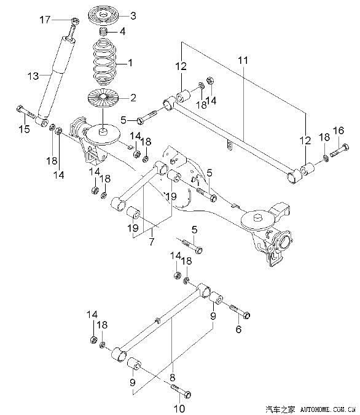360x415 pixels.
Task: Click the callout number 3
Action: [133, 15]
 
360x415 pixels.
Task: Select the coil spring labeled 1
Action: [104, 61]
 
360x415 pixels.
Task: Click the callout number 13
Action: [33, 76]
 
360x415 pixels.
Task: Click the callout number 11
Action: [243, 60]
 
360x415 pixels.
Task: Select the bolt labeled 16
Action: [339, 150]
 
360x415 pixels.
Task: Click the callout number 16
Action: [338, 131]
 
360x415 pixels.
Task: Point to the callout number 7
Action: [151, 241]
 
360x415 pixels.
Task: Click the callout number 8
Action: [173, 377]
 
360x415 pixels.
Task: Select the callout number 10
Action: [179, 408]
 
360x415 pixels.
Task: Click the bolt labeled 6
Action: [240, 311]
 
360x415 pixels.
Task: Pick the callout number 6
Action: [238, 329]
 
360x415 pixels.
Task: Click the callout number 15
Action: [24, 129]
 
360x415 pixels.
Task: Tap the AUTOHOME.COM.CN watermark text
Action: [327, 409]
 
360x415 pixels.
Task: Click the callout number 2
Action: [133, 98]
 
